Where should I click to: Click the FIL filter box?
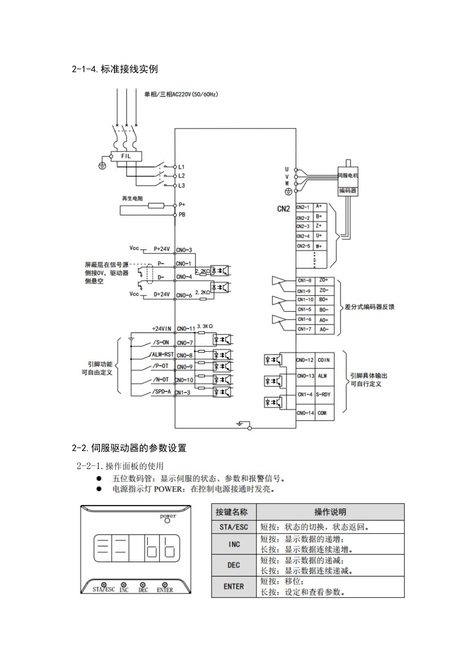(x=125, y=156)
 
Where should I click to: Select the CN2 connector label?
(x=283, y=209)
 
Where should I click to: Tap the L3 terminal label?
(x=181, y=185)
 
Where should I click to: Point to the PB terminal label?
(x=182, y=214)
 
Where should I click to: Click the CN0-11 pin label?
(x=185, y=329)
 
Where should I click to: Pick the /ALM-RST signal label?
(x=161, y=354)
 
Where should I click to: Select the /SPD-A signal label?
(x=161, y=392)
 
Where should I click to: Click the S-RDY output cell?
(x=323, y=394)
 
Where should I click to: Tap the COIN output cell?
(x=323, y=360)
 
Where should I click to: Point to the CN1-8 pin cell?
(x=304, y=281)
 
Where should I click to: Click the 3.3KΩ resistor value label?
(x=205, y=326)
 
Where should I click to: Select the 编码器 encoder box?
(x=348, y=190)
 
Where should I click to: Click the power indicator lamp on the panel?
(x=167, y=520)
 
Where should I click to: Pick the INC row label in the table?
(x=234, y=544)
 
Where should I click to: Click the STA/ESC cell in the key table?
(x=234, y=527)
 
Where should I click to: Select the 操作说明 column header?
(x=330, y=512)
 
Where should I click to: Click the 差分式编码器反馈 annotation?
(x=369, y=306)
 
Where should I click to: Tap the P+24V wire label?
(x=162, y=249)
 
